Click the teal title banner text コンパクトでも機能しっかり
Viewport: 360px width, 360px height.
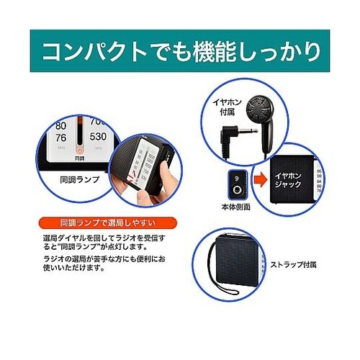click(180, 53)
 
